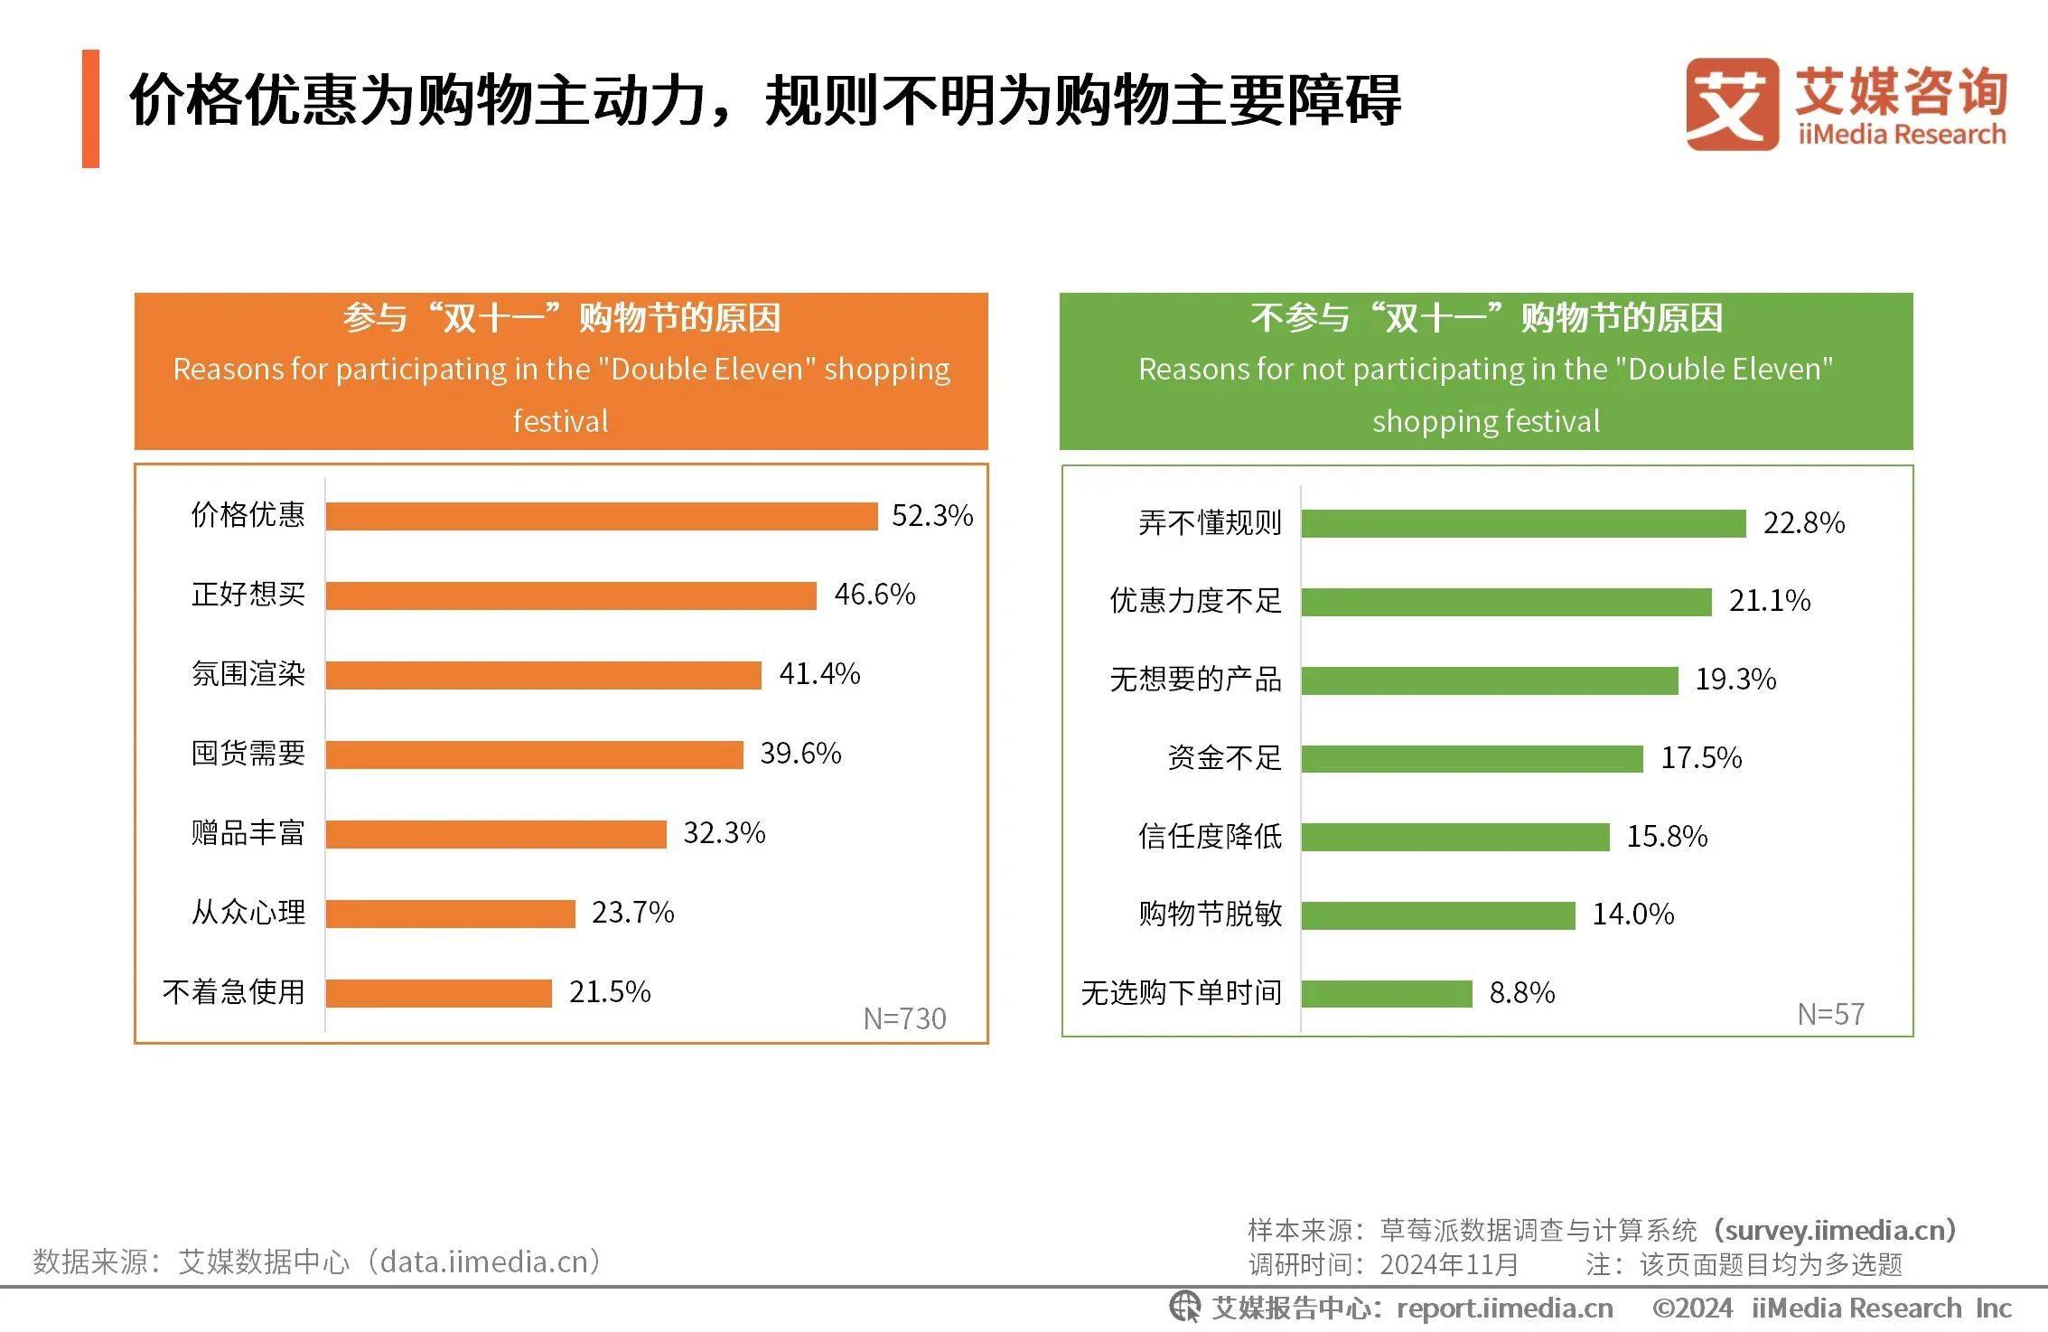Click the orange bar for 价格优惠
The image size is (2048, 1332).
pos(602,516)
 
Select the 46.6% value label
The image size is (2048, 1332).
pos(874,595)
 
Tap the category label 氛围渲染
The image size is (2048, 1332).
pos(248,674)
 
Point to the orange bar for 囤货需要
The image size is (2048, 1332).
pos(534,755)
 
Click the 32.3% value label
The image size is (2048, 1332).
pos(724,833)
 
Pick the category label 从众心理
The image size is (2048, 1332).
pos(248,913)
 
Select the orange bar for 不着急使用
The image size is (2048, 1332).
pos(438,993)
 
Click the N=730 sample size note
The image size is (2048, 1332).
pos(904,1019)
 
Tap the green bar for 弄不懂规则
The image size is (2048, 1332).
pos(1523,523)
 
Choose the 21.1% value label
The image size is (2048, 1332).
pos(1769,601)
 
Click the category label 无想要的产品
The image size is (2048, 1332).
pos(1195,680)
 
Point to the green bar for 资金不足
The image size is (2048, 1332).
pos(1472,759)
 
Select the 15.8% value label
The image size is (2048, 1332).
pos(1667,837)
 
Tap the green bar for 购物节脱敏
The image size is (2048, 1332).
pos(1438,915)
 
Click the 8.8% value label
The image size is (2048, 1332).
pos(1521,993)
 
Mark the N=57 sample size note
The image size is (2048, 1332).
pos(1830,1015)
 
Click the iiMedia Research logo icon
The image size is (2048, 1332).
pos(1730,104)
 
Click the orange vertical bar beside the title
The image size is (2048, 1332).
pos(90,108)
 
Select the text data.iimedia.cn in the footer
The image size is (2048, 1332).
pos(483,1262)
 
